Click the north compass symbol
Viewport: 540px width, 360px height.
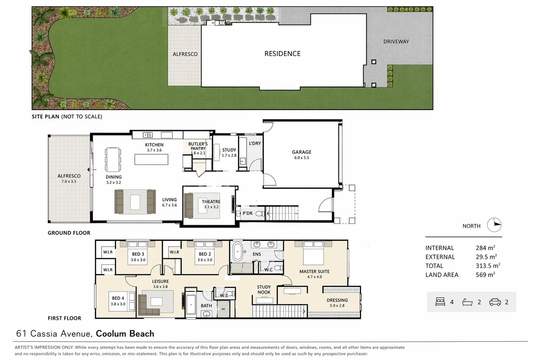coord(494,225)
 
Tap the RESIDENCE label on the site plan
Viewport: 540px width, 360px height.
coord(283,54)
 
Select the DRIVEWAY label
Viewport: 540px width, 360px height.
coord(396,41)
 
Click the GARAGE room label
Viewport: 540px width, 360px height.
coord(302,152)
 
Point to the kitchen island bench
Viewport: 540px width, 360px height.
coord(151,159)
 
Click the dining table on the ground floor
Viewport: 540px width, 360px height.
coord(113,159)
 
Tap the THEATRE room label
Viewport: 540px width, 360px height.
coord(211,202)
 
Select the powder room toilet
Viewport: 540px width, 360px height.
coord(260,213)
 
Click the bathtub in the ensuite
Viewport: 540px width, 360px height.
coord(238,251)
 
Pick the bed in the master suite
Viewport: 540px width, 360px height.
coord(313,253)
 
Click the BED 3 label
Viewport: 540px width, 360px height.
coord(138,254)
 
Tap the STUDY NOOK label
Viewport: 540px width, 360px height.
coord(264,290)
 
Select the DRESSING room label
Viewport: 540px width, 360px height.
coord(337,300)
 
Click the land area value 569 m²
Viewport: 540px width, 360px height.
coord(486,275)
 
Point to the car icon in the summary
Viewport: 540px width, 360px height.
coord(495,302)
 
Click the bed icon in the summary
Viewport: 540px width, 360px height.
coord(440,302)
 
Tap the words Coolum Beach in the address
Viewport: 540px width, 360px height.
coord(125,334)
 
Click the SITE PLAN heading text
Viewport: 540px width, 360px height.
coord(46,117)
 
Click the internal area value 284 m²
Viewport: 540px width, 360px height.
coord(486,248)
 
